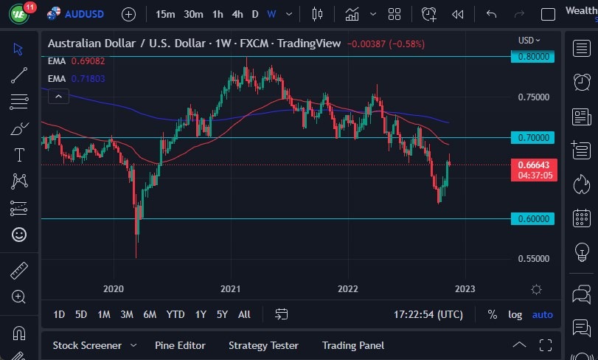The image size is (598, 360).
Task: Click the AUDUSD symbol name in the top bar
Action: (x=85, y=14)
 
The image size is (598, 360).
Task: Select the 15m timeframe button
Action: (x=165, y=14)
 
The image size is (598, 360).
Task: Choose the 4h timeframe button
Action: (x=237, y=14)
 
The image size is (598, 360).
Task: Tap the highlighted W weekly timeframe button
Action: (x=271, y=14)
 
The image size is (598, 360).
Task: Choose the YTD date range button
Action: (x=175, y=314)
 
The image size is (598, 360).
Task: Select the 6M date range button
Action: (x=150, y=314)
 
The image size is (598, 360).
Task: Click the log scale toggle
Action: (x=515, y=314)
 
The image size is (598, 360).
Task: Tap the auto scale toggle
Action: (x=543, y=314)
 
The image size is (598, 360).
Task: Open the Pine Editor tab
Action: (x=180, y=345)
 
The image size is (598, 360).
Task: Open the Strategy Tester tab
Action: (x=263, y=345)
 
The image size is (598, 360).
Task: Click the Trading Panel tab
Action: (x=353, y=345)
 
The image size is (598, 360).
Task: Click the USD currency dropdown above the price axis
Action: (x=529, y=41)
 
